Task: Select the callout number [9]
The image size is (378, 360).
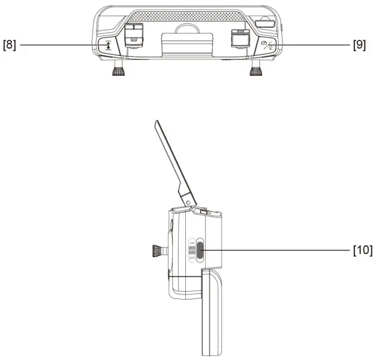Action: pyautogui.click(x=359, y=45)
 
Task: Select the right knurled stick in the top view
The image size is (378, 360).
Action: pyautogui.click(x=257, y=70)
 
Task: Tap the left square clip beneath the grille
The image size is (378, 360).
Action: pyautogui.click(x=133, y=35)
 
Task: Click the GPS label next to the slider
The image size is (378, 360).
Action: pyautogui.click(x=191, y=249)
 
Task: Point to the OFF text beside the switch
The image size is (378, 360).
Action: pyautogui.click(x=191, y=258)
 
